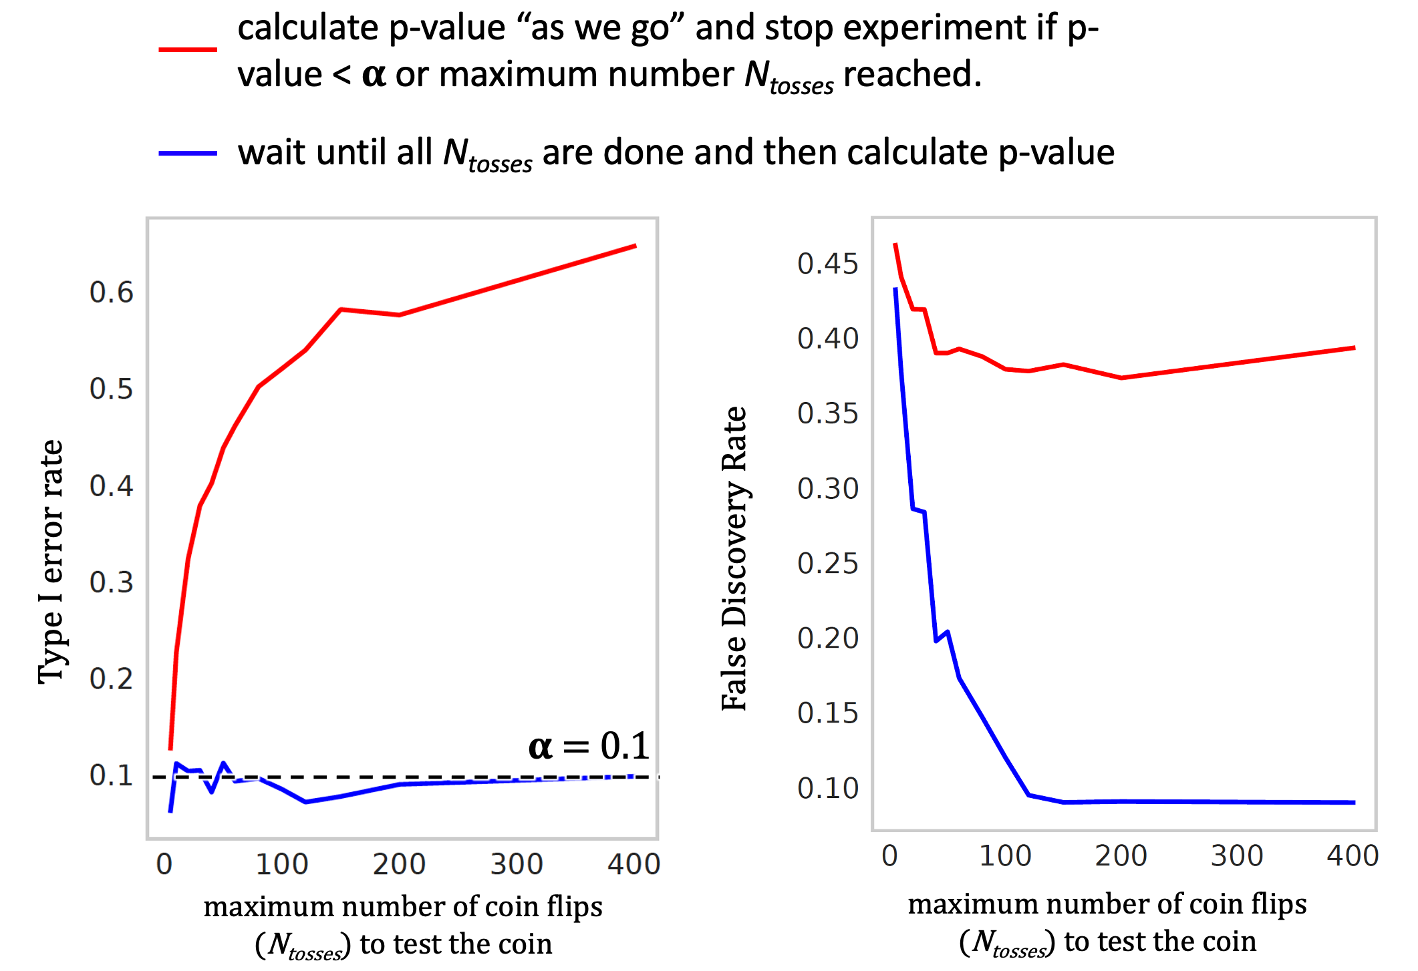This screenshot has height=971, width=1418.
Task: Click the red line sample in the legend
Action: tap(188, 49)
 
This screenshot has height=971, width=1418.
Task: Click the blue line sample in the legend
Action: tap(188, 154)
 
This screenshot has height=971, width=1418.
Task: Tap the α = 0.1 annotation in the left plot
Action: tap(589, 746)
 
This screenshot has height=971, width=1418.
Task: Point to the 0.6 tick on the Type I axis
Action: tap(112, 293)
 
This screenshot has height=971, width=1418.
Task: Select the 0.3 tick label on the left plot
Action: tap(112, 582)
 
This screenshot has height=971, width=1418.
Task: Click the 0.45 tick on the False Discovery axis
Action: tap(827, 264)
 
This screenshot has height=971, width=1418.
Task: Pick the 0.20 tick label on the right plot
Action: tap(827, 638)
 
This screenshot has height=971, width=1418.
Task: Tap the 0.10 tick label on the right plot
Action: tap(827, 788)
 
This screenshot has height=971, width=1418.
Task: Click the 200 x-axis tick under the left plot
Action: tap(399, 864)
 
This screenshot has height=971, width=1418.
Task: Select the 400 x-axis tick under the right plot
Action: tap(1353, 855)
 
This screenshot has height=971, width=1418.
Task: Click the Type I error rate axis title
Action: tap(51, 561)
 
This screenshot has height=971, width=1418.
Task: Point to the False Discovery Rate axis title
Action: tap(735, 558)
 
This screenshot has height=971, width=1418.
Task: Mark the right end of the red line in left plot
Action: tap(635, 246)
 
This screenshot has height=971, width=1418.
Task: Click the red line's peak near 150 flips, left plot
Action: tap(341, 309)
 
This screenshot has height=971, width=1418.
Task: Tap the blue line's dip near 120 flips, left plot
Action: tap(305, 801)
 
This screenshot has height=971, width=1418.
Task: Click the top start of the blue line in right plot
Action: tap(895, 288)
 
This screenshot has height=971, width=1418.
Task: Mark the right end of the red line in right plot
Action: tap(1355, 347)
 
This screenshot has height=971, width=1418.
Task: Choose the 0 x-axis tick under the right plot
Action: tap(889, 855)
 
